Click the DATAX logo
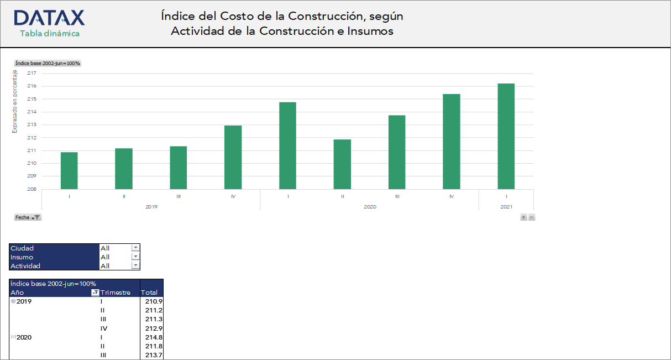pos(49,18)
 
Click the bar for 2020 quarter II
pos(342,164)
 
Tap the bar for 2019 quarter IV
pos(233,157)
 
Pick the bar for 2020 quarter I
pos(287,145)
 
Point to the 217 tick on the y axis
pos(32,73)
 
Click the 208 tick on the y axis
pos(32,189)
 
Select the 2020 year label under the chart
pos(370,206)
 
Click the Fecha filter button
pos(27,217)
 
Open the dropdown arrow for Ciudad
pos(135,248)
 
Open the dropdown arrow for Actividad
pos(135,265)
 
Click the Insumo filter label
pos(22,257)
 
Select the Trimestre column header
pos(115,293)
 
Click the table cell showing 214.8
pos(153,337)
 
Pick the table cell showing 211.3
pos(153,319)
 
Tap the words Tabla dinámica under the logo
pos(49,34)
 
